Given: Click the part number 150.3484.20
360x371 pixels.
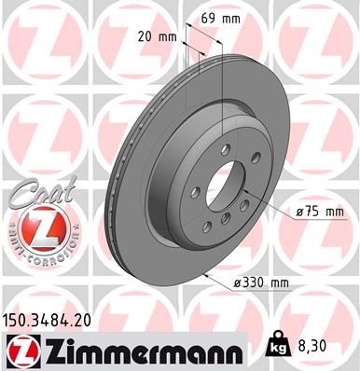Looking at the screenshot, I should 53,320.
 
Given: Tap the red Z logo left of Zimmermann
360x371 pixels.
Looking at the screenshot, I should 22,350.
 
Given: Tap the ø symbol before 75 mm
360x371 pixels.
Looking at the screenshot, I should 298,213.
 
